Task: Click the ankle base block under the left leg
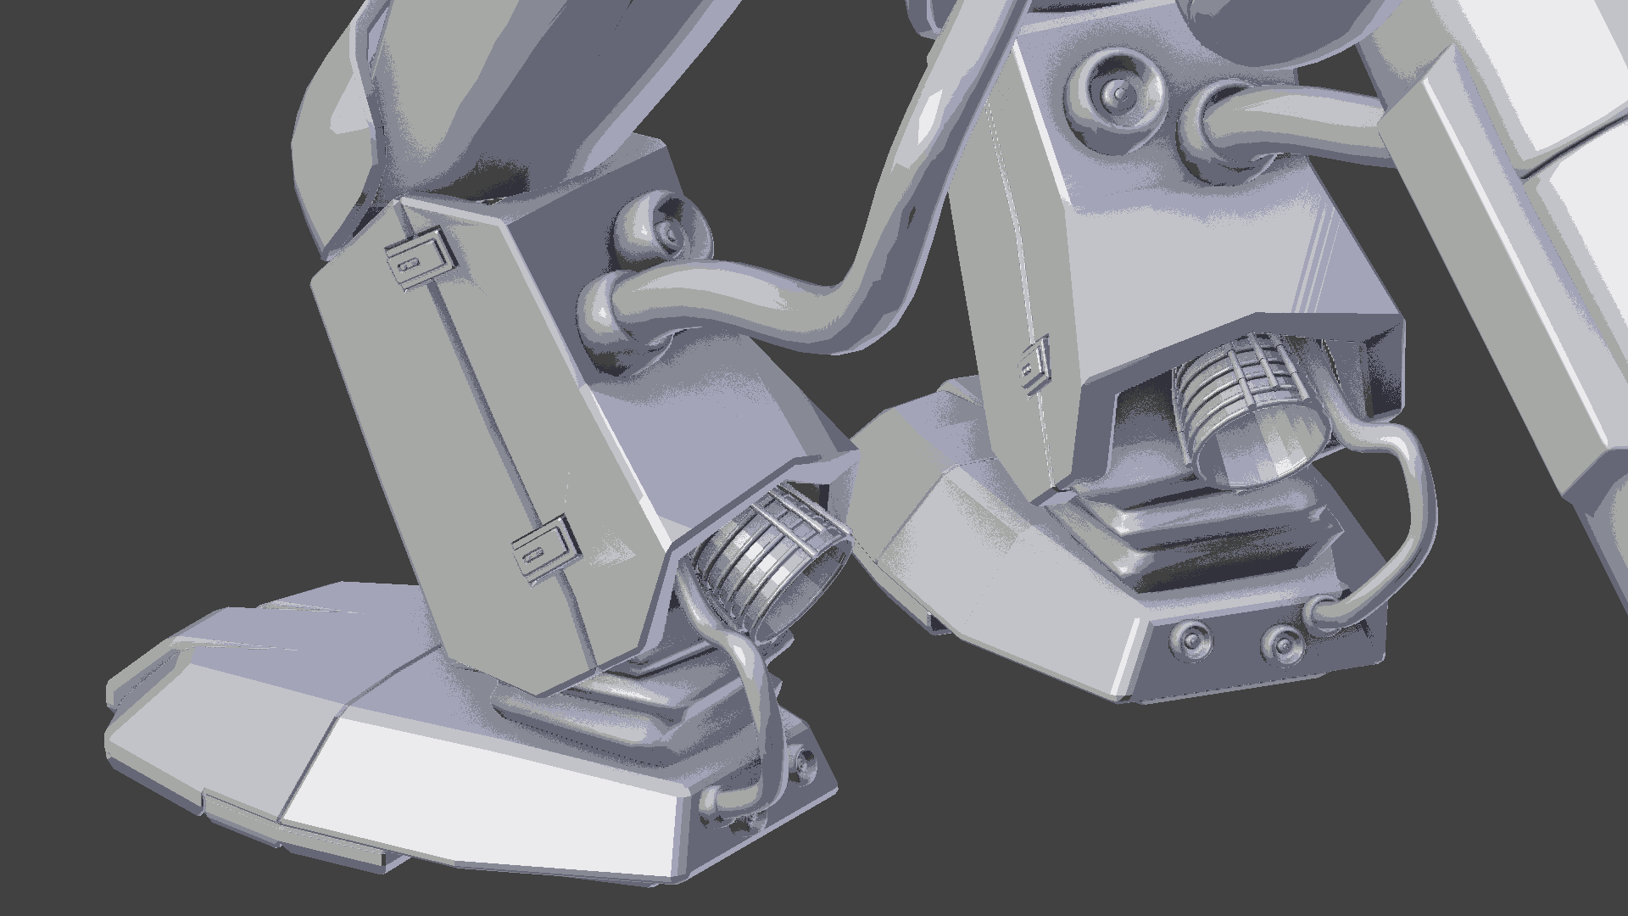(594, 712)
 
